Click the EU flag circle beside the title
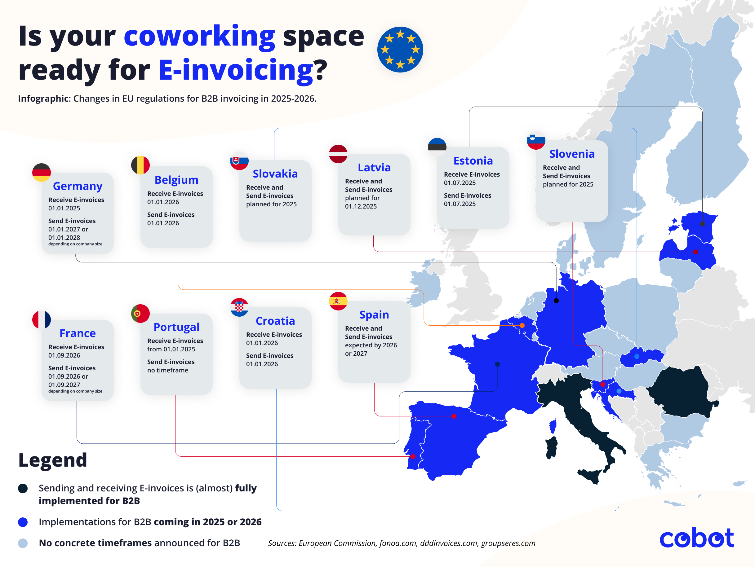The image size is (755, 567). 400,50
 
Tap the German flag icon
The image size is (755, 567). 42,173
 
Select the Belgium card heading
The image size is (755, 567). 176,180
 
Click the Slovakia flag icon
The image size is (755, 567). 239,161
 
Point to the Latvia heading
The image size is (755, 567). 374,168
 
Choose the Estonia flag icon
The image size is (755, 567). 437,147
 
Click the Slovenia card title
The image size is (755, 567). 572,154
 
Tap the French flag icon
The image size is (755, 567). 42,320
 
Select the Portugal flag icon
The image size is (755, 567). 140,314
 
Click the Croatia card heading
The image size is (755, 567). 275,321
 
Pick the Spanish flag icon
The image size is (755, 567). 338,301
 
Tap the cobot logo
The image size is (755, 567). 696,538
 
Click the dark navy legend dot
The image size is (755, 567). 23,488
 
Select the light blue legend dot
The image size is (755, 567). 23,543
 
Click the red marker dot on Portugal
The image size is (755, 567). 413,456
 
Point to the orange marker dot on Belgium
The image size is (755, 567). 522,325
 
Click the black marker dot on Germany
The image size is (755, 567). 556,301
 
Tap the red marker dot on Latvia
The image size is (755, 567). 695,252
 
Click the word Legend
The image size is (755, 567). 53,460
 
